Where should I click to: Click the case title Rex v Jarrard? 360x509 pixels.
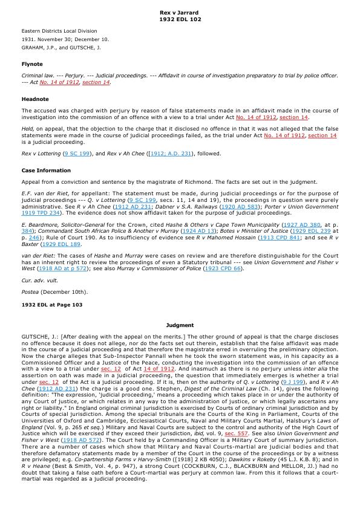pyautogui.click(x=179, y=12)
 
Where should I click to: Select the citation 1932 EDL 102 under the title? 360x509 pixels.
pyautogui.click(x=179, y=19)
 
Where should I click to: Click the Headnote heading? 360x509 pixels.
pyautogui.click(x=35, y=99)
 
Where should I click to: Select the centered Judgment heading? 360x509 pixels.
pyautogui.click(x=180, y=325)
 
